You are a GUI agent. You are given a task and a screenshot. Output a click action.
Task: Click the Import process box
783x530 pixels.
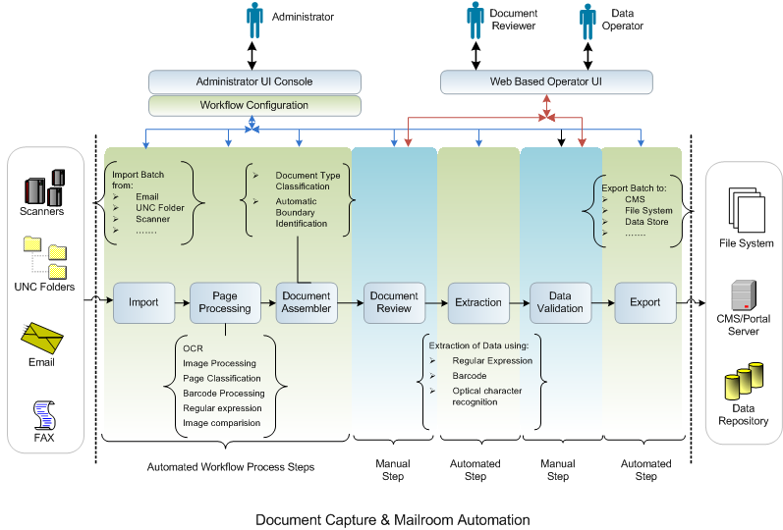click(x=143, y=302)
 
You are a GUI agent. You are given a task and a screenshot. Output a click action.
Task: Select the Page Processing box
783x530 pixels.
click(x=225, y=302)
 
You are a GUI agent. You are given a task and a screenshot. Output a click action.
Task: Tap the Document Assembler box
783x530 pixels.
click(x=307, y=302)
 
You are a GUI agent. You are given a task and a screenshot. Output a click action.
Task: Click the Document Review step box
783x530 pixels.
click(x=394, y=302)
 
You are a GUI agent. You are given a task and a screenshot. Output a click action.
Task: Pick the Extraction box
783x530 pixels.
click(x=477, y=302)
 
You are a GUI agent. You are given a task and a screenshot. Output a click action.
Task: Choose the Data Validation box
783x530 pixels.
click(x=560, y=302)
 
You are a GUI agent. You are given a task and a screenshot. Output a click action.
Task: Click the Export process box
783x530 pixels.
click(x=644, y=302)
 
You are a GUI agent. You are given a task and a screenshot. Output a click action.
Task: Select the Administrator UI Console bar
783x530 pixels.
click(x=254, y=81)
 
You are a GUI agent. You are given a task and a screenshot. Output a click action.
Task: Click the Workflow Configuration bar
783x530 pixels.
click(x=254, y=105)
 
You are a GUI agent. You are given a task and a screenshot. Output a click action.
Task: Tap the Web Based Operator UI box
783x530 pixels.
click(x=546, y=81)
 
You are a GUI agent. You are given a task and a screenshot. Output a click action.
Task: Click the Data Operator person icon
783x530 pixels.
click(x=587, y=20)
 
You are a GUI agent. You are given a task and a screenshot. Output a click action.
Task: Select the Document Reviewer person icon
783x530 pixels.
click(x=475, y=20)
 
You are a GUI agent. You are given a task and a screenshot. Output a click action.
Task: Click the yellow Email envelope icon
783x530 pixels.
click(x=43, y=340)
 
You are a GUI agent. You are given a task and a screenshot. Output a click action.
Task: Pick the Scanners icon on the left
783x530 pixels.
click(x=43, y=185)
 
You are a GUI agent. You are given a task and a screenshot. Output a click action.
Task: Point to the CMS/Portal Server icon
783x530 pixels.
click(x=743, y=295)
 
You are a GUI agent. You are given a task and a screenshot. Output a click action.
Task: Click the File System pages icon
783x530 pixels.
click(x=745, y=208)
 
